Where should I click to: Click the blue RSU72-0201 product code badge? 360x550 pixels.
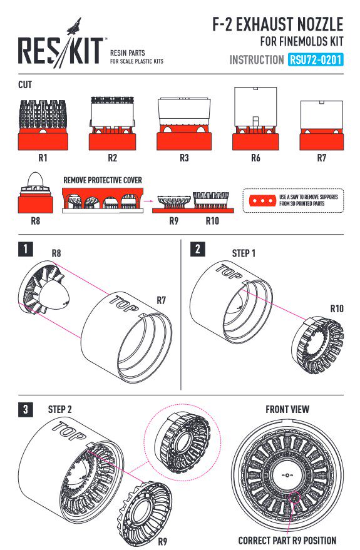coord(316,59)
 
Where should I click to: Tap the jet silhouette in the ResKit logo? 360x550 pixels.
coord(75,27)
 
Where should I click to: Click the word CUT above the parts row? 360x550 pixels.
coord(25,85)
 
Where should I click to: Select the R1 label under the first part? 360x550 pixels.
coord(43,158)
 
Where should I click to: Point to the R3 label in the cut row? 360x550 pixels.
coord(184,158)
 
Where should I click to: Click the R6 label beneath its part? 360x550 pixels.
coord(255,158)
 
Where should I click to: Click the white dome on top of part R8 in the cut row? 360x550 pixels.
coord(36,180)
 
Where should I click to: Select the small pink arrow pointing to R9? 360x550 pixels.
coord(149,201)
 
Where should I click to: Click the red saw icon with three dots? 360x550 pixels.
coord(262,201)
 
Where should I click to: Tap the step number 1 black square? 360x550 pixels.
coord(25,249)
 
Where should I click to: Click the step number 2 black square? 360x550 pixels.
coord(198,249)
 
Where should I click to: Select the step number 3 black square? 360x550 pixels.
coord(25,409)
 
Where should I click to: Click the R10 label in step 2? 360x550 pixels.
coord(337,308)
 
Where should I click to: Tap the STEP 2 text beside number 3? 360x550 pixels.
coord(59,409)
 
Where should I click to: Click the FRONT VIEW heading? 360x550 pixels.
coord(287,409)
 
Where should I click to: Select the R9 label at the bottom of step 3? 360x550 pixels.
coord(162,541)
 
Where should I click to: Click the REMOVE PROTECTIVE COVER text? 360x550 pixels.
coord(103,180)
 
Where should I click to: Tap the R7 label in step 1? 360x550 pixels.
coord(161,300)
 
